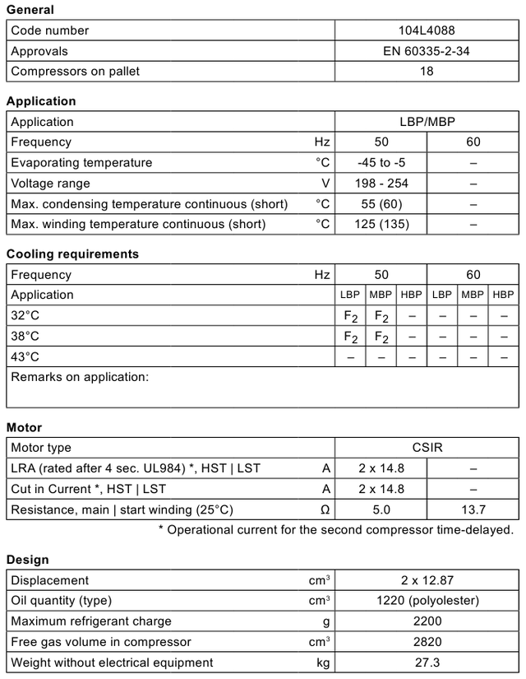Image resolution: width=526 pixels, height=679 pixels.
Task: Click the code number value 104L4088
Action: [427, 30]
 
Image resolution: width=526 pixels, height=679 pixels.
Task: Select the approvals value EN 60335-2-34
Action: [427, 51]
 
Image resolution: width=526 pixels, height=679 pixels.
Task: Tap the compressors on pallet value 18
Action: [427, 72]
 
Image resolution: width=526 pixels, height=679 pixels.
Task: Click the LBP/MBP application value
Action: [427, 122]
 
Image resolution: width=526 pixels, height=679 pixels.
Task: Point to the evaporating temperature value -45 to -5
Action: [381, 163]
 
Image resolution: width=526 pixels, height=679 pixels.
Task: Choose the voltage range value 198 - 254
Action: [381, 184]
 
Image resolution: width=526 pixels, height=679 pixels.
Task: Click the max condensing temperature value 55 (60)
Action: [381, 204]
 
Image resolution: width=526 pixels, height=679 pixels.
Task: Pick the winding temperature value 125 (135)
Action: [381, 224]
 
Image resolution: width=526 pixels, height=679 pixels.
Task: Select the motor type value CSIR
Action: [427, 448]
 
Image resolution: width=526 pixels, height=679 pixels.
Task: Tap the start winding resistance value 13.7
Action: [473, 509]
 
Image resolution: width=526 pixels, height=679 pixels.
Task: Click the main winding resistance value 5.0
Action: [381, 509]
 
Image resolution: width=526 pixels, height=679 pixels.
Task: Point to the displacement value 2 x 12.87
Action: [427, 580]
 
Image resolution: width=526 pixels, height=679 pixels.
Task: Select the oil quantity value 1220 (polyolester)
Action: [427, 601]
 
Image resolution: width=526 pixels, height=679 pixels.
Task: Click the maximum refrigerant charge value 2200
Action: [427, 621]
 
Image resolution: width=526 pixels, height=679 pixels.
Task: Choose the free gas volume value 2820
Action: [427, 642]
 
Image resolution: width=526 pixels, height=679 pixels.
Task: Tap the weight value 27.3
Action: [427, 663]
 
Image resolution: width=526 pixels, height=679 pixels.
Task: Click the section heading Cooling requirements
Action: [72, 254]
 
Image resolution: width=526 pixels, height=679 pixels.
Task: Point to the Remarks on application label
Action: [80, 377]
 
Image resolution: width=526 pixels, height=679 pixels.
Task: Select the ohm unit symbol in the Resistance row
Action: [325, 509]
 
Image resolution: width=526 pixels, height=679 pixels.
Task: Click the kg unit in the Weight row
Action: [323, 663]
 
